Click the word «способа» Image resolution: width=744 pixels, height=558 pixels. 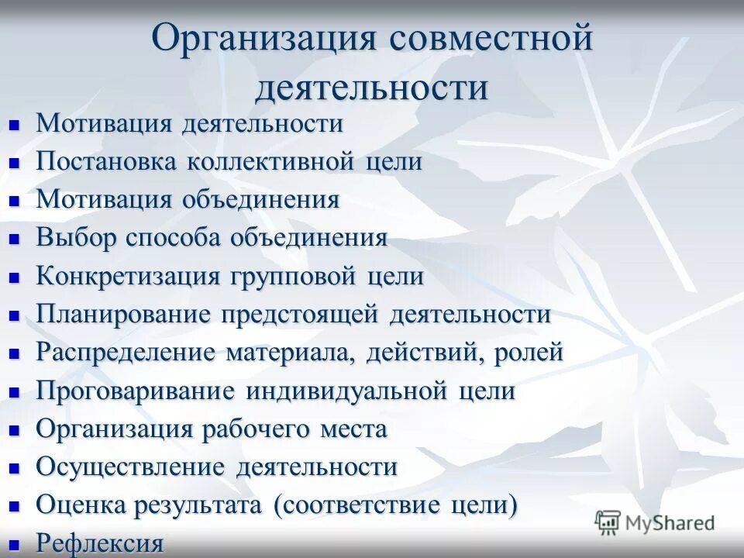(x=171, y=238)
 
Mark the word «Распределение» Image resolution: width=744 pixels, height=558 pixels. (x=126, y=353)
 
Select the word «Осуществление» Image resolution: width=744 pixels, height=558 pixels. (x=130, y=467)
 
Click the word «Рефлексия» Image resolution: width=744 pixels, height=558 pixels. (x=100, y=543)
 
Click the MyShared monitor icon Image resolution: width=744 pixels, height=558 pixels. (x=608, y=522)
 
